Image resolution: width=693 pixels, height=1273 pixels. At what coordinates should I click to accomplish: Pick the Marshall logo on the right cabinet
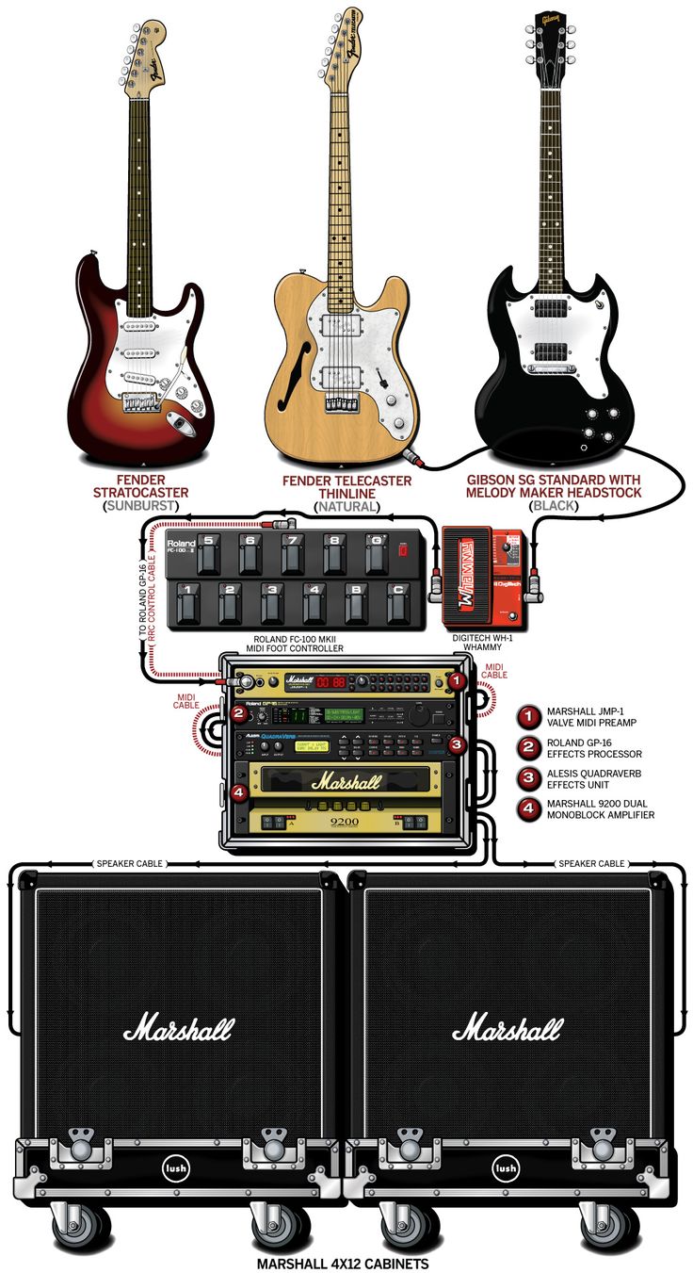click(x=507, y=1028)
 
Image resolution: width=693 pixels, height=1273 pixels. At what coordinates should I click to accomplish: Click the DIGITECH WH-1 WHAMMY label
click(x=485, y=643)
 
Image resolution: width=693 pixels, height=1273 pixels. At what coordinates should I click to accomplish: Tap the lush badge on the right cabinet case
click(x=508, y=1168)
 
